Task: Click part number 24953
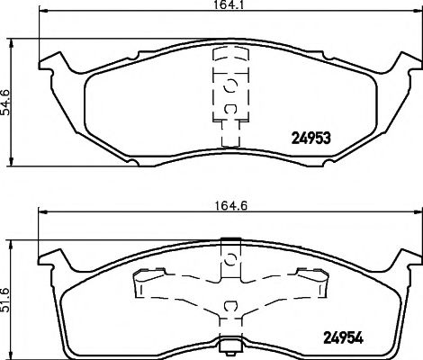[310, 139]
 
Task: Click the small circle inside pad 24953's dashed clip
[229, 86]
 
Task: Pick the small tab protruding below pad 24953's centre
[229, 139]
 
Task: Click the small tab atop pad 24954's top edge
[229, 239]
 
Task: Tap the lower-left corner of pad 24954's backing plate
[67, 348]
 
